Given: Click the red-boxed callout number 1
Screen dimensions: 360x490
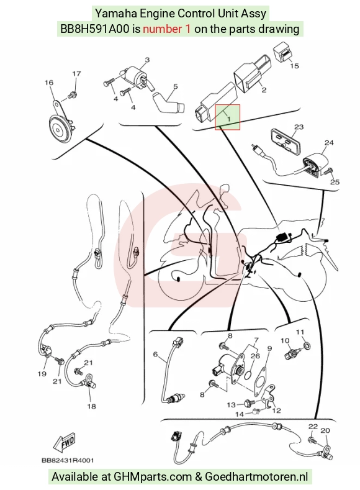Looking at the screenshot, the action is tap(228, 119).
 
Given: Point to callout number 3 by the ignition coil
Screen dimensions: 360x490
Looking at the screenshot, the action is tap(147, 60).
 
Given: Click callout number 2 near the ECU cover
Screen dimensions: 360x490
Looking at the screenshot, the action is tap(264, 90).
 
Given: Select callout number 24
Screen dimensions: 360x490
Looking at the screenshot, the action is tap(329, 143).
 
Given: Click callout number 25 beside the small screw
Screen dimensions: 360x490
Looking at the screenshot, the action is tap(335, 182).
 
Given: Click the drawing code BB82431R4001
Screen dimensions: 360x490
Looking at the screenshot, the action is tap(68, 460).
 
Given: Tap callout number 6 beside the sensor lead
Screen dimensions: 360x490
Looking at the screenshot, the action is tap(155, 354).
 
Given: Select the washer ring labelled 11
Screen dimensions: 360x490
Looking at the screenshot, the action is tap(307, 346).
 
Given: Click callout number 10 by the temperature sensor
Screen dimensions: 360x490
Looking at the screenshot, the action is tap(285, 340).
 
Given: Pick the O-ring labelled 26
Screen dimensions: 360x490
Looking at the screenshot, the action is tap(248, 373).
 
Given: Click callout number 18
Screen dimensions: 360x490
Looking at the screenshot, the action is tap(91, 406).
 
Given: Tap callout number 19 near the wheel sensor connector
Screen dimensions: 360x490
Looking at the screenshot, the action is tap(42, 374).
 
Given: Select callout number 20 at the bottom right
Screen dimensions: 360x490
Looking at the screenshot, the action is tap(325, 430).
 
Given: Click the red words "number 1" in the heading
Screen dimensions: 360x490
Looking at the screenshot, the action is tap(166, 29).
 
